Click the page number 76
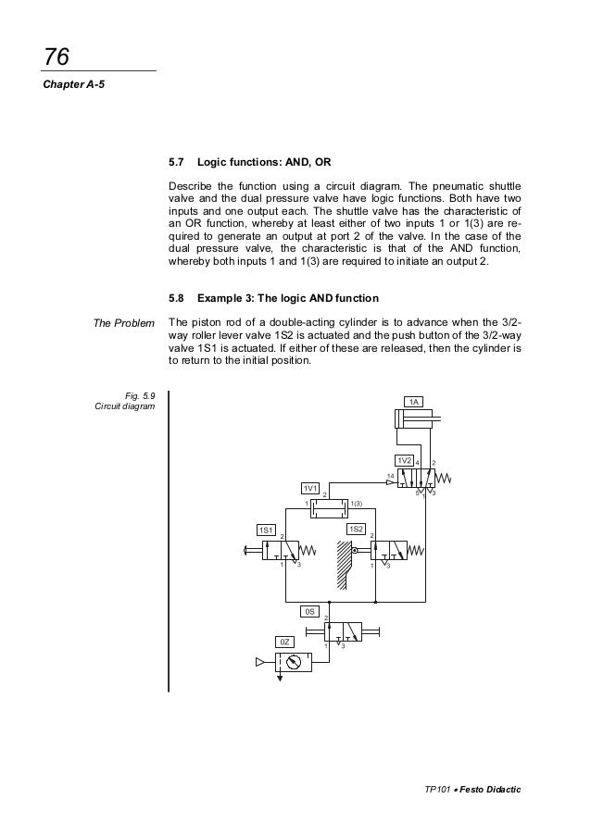[x=56, y=57]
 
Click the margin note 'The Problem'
[x=124, y=322]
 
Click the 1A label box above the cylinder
[x=416, y=402]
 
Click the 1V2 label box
[x=404, y=460]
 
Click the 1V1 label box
[x=311, y=488]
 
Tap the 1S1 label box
[x=266, y=530]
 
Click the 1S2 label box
[x=356, y=529]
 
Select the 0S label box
[x=312, y=612]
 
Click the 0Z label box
[x=286, y=642]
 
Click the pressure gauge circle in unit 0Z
[x=294, y=661]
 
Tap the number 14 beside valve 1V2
[x=390, y=474]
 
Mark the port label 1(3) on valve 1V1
[x=356, y=503]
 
